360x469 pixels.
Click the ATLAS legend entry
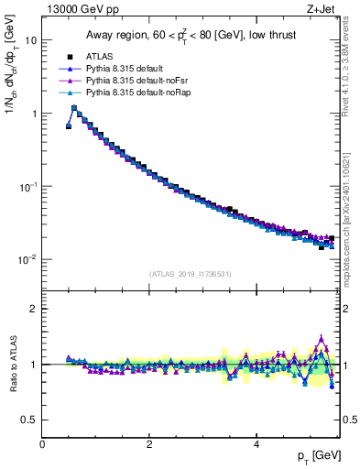[100, 57]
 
